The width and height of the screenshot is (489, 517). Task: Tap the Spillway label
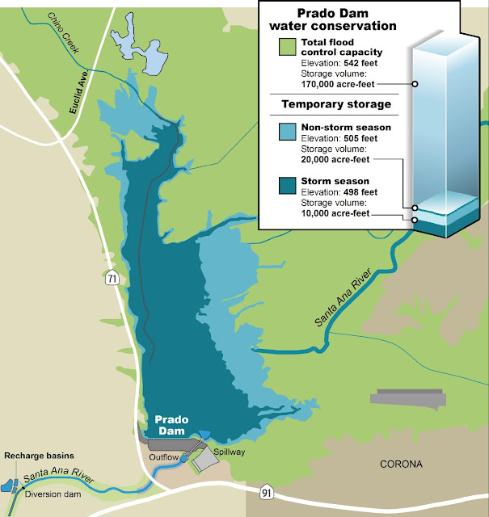coord(229,452)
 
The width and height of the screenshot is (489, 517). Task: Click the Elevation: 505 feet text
coord(338,138)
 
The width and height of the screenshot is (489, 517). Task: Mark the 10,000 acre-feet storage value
coord(335,213)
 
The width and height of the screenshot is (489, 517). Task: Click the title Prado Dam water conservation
coord(335,21)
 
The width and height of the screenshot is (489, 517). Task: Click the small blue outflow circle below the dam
coord(182,459)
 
